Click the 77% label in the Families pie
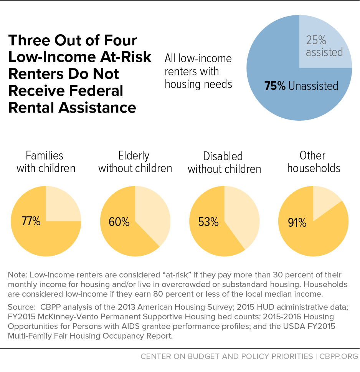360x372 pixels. pos(31,221)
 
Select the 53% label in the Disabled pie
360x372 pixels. pos(208,222)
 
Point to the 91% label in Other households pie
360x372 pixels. pos(297,223)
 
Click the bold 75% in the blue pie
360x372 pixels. pos(275,86)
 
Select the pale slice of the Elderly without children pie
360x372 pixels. pos(154,215)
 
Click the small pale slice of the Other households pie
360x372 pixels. pos(324,200)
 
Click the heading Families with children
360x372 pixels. pos(45,162)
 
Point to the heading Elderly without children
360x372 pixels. pos(135,162)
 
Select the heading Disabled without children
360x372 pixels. pos(224,163)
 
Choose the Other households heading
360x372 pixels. pos(314,162)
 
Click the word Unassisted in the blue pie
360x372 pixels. pos(313,86)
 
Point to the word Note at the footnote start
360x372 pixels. pos(17,275)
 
